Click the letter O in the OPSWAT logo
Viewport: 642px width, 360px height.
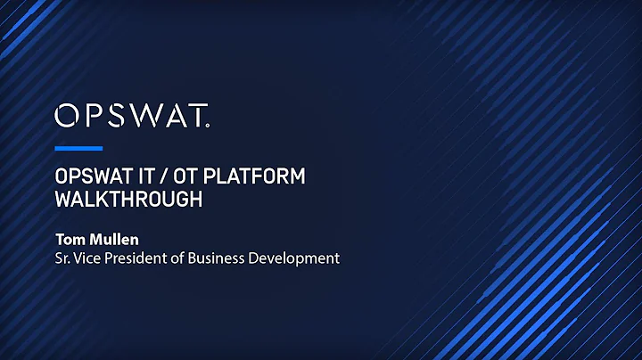click(x=67, y=115)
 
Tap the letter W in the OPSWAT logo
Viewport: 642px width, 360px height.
click(x=144, y=115)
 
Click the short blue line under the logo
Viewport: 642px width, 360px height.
click(x=78, y=148)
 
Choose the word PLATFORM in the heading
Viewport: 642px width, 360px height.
click(x=258, y=176)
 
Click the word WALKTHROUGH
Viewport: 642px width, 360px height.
click(x=128, y=199)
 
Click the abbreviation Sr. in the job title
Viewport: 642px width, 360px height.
click(x=63, y=258)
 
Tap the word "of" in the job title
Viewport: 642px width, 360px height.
click(x=186, y=258)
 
